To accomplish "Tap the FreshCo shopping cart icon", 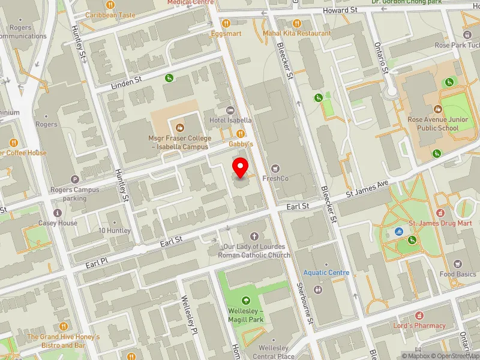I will [x=276, y=169].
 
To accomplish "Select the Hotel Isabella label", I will [x=230, y=120].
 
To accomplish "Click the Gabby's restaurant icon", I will [x=241, y=134].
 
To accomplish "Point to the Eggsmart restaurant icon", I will [x=226, y=23].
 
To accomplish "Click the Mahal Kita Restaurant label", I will [x=296, y=34].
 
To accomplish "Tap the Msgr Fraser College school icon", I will [x=179, y=127].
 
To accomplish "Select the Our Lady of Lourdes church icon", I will [x=254, y=236].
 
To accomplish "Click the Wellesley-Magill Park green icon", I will [x=245, y=301].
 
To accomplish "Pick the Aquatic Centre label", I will [x=326, y=273].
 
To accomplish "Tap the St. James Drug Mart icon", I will [x=440, y=213].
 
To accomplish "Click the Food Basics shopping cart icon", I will [x=458, y=264].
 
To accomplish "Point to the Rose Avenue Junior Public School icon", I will [x=437, y=109].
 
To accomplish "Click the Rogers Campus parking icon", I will [x=75, y=179].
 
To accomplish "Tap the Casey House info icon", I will [x=58, y=213].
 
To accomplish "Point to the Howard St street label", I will [x=340, y=11].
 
